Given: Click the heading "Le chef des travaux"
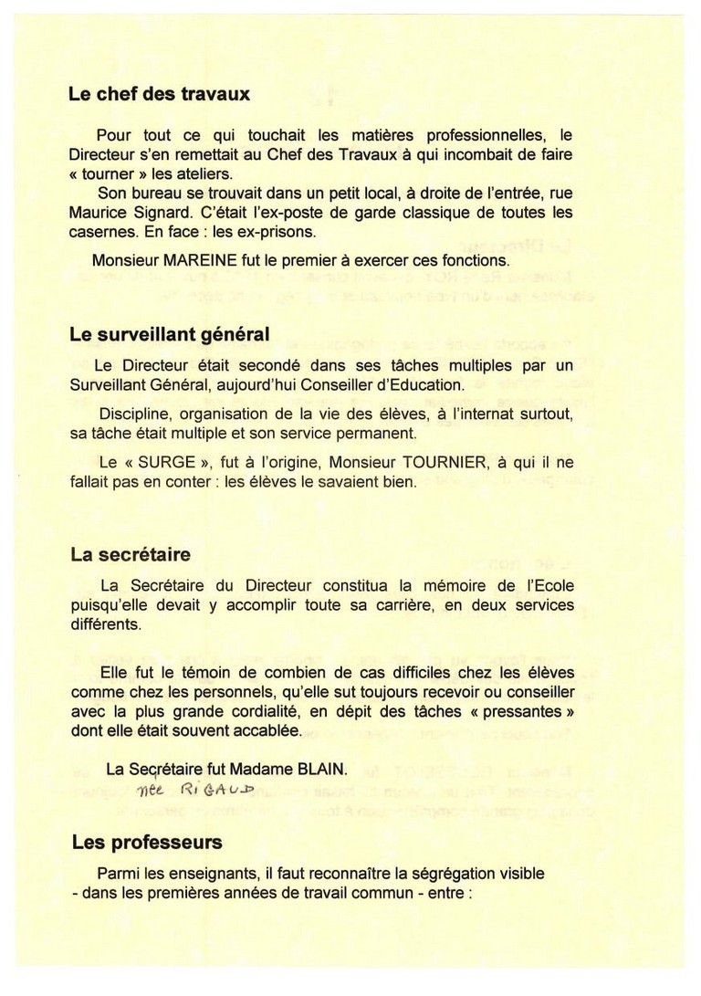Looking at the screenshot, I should tap(159, 93).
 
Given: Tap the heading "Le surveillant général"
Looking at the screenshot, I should tap(169, 335).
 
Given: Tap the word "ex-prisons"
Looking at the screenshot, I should tap(272, 231).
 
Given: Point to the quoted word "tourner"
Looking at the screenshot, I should tap(110, 173).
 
